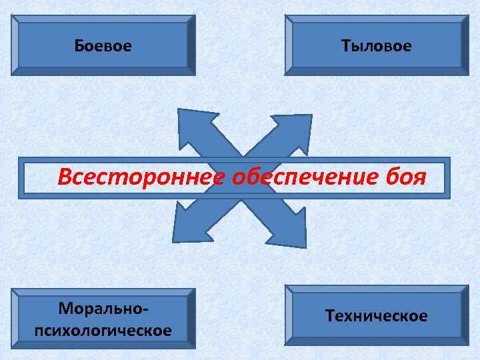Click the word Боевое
tap(103, 46)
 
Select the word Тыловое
tap(376, 46)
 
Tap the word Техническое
tap(376, 315)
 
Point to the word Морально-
tap(103, 309)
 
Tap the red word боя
tap(406, 177)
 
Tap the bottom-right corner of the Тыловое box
tap(468, 74)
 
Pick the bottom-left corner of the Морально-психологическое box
tap(13, 347)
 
